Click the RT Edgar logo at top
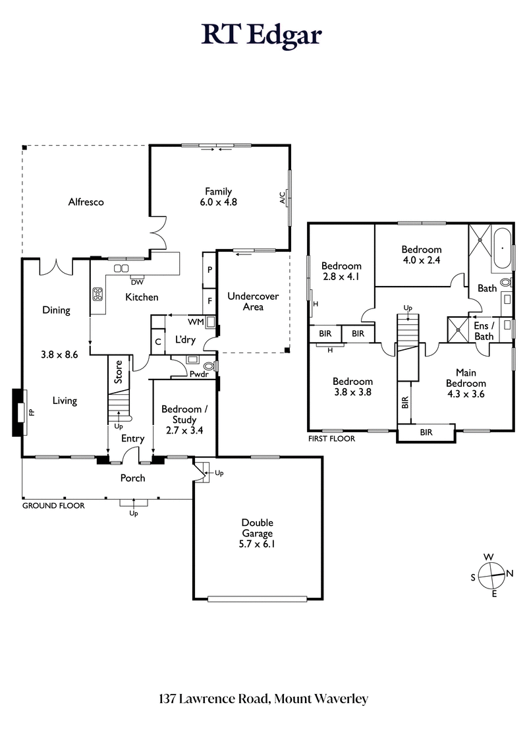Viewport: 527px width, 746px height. [262, 34]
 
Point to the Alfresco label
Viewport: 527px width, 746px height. [86, 202]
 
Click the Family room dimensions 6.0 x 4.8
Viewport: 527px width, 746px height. [218, 203]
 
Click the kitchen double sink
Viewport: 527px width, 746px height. [121, 268]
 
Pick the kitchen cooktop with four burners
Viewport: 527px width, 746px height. [99, 294]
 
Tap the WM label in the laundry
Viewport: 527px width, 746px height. [196, 322]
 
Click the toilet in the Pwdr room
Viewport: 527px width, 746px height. [209, 366]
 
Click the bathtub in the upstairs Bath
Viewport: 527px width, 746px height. [500, 248]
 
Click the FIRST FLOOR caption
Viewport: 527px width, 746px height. [331, 438]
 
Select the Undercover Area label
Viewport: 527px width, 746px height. [253, 302]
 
